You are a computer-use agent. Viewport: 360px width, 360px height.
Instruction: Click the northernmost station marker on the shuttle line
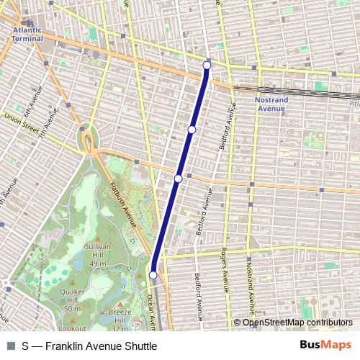tap(207, 66)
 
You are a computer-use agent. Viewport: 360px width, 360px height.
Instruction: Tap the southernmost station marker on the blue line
tap(153, 275)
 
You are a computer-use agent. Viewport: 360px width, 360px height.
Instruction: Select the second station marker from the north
tap(192, 129)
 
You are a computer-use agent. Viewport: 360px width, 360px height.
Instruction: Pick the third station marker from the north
tap(178, 178)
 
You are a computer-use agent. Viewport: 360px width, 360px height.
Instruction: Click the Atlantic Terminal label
tap(27, 34)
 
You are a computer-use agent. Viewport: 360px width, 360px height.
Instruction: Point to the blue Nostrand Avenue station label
tap(270, 104)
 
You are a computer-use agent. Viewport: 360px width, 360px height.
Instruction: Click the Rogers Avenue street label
tap(225, 277)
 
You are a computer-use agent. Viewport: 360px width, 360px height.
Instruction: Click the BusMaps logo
tap(325, 345)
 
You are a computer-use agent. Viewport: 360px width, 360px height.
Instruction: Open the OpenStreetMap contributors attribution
tap(297, 323)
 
